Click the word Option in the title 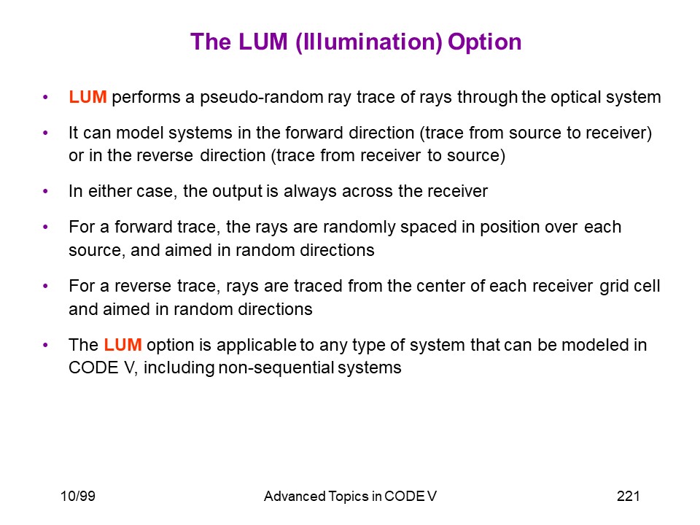coord(484,42)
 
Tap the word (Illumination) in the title coord(369,42)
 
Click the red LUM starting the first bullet coord(87,97)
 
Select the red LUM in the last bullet coord(122,345)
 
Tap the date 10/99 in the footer coord(78,496)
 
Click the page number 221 coord(628,496)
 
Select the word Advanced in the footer coord(295,496)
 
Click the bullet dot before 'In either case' coord(45,192)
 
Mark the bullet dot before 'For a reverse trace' coord(45,286)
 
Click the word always coord(311,192)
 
